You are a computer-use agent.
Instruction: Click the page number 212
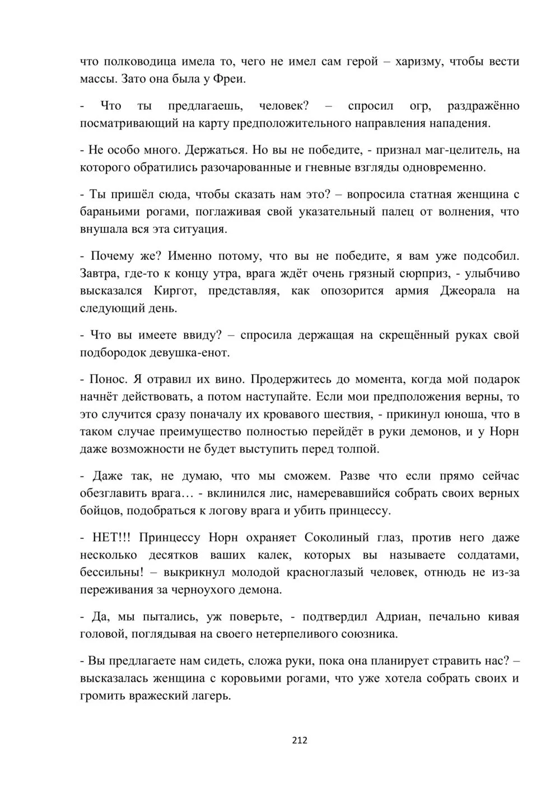tap(300, 740)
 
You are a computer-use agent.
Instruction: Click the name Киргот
tap(174, 291)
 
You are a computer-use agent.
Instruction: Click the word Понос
tap(108, 379)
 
